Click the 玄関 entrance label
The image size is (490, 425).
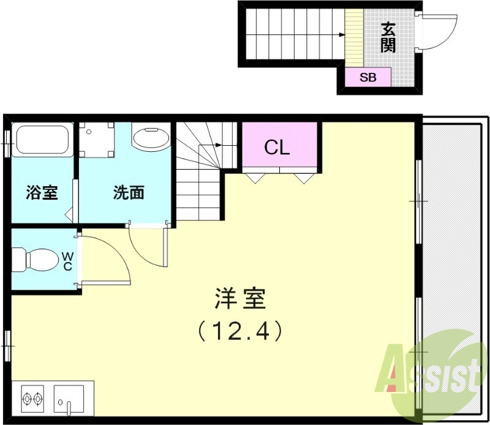click(388, 37)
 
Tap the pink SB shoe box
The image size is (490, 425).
click(367, 77)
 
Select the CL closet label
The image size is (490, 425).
click(277, 147)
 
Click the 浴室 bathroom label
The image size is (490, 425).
click(42, 192)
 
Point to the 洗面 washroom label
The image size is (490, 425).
click(129, 192)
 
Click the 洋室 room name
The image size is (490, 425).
click(240, 299)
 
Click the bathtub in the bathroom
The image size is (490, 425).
click(42, 140)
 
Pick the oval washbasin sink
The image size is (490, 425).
click(151, 138)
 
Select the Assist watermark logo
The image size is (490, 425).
click(432, 370)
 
